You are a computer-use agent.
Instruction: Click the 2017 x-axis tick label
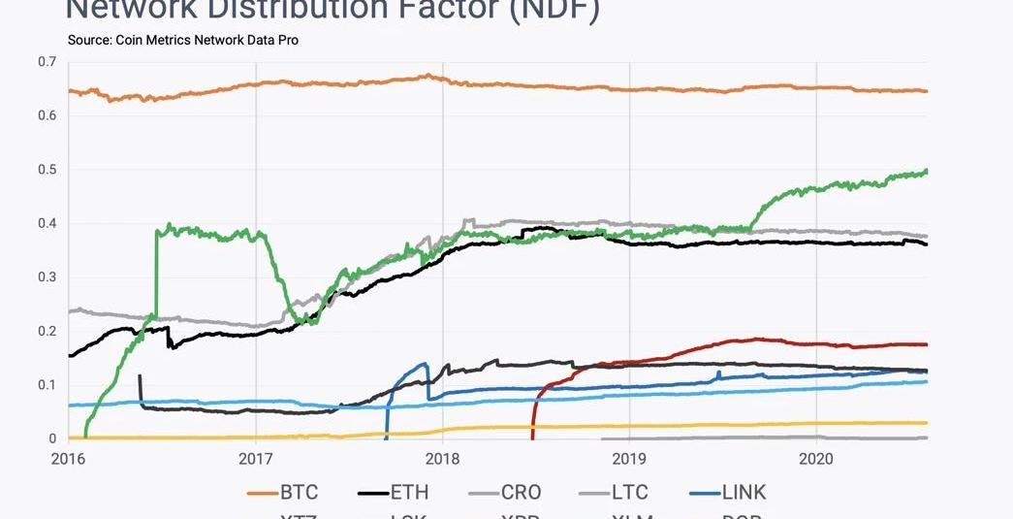255,458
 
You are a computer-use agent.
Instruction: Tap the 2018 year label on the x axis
442,458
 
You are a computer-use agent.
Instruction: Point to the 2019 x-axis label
629,458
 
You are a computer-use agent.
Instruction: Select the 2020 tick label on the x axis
815,458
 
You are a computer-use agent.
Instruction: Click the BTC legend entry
298,493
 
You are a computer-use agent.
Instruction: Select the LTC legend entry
628,493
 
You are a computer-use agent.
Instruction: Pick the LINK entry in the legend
744,493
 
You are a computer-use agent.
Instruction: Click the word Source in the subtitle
90,41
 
